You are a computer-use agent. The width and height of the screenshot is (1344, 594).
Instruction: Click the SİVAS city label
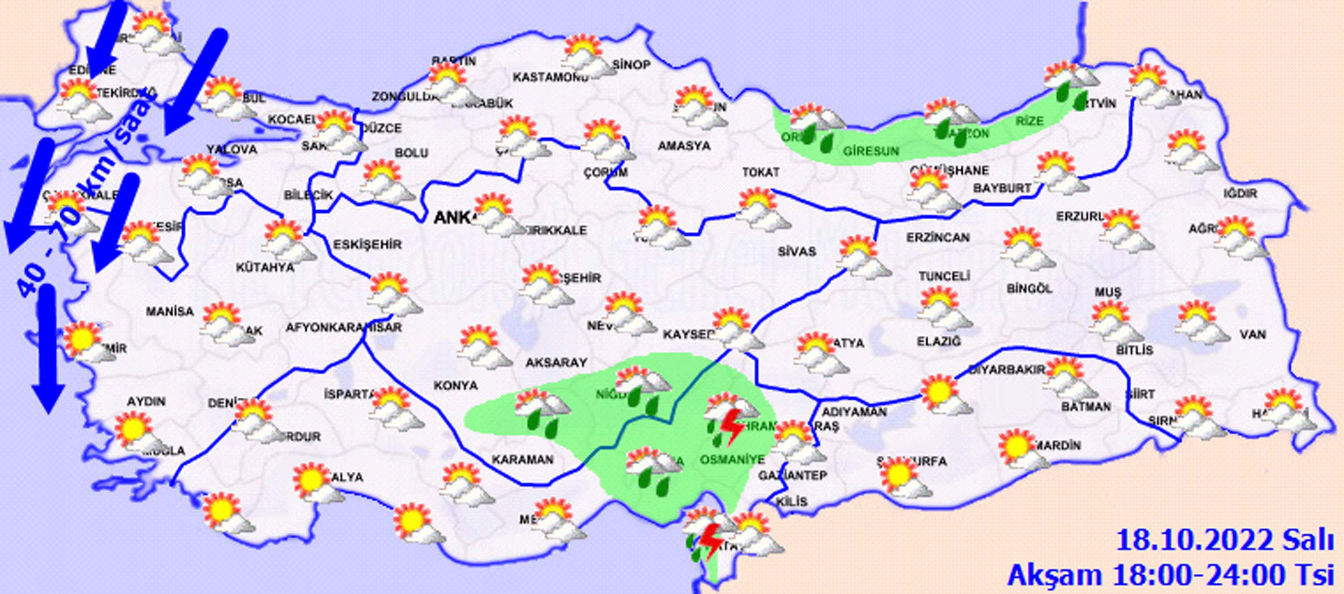coord(796,252)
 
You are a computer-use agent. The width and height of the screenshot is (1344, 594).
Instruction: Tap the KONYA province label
coord(456,385)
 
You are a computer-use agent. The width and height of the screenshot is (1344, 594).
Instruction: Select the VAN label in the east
coord(1253,334)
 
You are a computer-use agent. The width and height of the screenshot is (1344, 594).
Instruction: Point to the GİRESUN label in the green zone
coord(871,152)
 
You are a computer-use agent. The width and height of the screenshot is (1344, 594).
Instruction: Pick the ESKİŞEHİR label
coord(367,244)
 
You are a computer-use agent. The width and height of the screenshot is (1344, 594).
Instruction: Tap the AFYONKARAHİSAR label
coord(343,328)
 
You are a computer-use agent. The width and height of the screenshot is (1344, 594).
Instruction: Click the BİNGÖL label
coord(1029,288)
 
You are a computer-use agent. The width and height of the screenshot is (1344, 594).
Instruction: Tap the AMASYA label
coord(684,145)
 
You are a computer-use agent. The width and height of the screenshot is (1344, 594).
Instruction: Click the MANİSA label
coord(169,312)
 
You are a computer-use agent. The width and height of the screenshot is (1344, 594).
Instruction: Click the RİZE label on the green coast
coord(1030,121)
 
